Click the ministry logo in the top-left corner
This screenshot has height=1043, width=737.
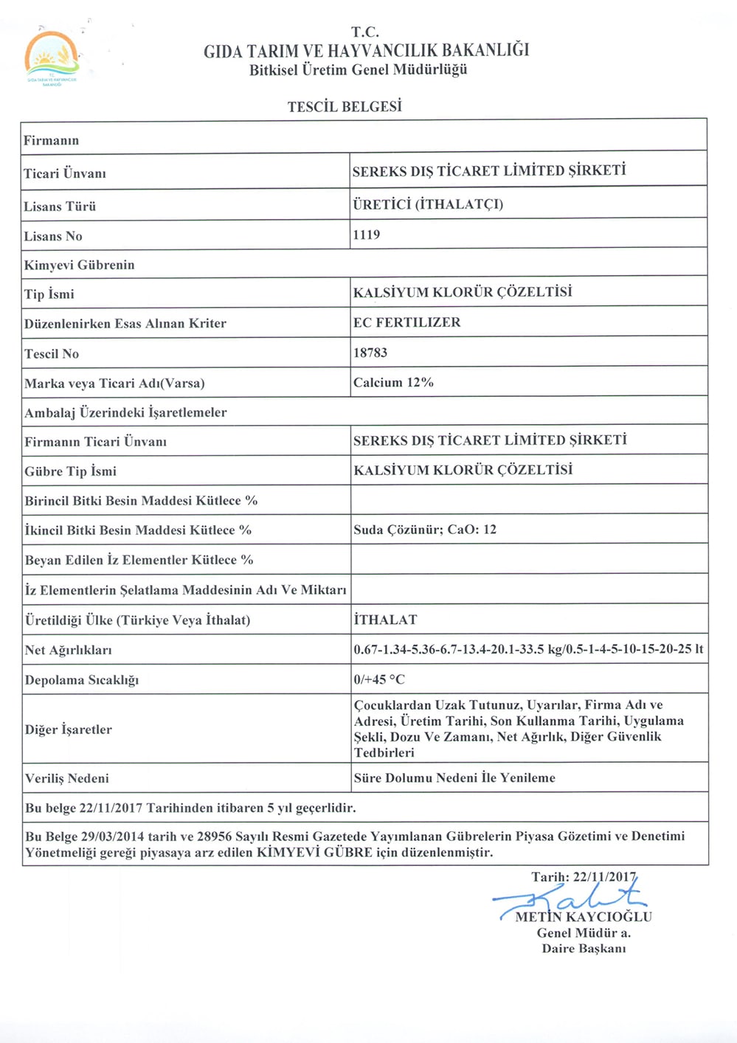(x=51, y=59)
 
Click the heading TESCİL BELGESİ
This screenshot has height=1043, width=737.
(x=345, y=107)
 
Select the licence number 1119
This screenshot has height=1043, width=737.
(x=367, y=235)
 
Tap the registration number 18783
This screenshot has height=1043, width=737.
(x=370, y=353)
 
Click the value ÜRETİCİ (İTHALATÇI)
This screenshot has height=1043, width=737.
(x=428, y=204)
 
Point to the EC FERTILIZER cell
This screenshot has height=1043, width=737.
(x=407, y=322)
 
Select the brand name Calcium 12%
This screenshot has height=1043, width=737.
(x=393, y=382)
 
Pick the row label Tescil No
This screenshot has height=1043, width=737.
(x=52, y=354)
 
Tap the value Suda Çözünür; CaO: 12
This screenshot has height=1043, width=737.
(x=425, y=530)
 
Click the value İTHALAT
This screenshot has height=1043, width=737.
(x=385, y=620)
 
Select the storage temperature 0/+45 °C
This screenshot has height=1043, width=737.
(x=379, y=679)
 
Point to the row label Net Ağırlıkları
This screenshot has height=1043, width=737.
(x=68, y=650)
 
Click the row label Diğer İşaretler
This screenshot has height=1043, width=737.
(x=69, y=730)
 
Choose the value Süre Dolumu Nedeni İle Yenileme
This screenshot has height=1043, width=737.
(x=454, y=777)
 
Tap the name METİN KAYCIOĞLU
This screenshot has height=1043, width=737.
(x=583, y=917)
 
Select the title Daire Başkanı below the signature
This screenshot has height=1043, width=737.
(x=584, y=949)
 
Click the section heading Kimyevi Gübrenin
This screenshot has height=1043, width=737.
(x=79, y=265)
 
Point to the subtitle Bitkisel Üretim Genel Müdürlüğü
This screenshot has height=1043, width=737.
(x=358, y=70)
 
